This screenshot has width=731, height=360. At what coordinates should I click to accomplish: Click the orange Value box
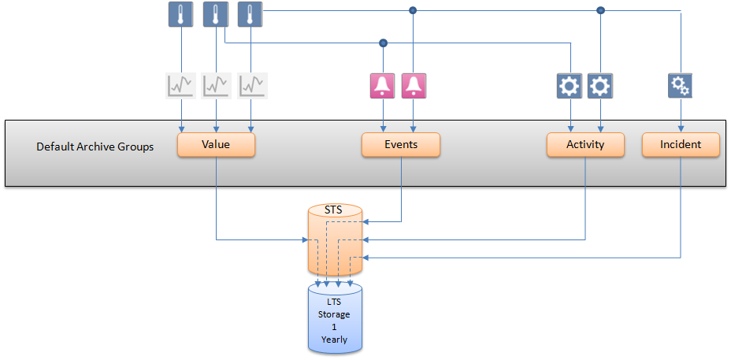[216, 145]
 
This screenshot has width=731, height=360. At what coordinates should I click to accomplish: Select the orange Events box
[400, 145]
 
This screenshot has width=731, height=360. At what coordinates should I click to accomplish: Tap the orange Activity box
[585, 145]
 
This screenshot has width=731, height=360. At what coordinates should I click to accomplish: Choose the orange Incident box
[681, 145]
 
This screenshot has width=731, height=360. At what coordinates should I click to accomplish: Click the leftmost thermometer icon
[181, 15]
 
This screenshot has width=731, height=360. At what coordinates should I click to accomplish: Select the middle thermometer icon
[216, 15]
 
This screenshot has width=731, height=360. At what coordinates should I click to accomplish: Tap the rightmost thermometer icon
[250, 15]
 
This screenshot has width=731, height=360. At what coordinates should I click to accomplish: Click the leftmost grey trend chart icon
[181, 85]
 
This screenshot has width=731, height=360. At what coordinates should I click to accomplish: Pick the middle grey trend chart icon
[216, 85]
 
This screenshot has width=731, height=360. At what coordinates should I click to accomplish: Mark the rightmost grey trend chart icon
[253, 85]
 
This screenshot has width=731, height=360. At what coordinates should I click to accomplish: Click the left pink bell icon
[383, 85]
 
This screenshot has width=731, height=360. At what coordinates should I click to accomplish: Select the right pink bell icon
[414, 85]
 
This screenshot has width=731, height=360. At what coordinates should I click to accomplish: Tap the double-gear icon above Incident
[681, 85]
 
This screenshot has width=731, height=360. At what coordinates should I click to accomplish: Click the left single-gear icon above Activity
[569, 85]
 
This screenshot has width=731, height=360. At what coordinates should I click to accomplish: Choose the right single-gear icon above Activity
[600, 85]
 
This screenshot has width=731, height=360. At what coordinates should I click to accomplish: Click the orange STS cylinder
[334, 236]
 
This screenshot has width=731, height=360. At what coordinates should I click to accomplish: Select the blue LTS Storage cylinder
[334, 319]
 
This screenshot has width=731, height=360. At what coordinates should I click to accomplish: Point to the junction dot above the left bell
[383, 43]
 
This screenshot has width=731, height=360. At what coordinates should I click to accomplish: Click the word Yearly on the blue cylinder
[334, 340]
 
